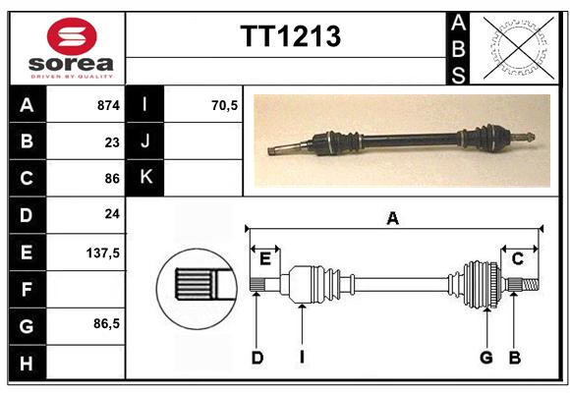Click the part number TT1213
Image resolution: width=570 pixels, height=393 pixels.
coord(291,36)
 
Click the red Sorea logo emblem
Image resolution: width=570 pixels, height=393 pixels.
coord(72,36)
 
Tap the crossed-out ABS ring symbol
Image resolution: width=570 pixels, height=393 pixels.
coord(519,48)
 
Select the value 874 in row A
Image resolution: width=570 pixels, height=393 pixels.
coord(108,105)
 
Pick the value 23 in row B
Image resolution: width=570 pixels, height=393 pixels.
coord(112,142)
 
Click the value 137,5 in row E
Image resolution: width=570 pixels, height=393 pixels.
coord(103,253)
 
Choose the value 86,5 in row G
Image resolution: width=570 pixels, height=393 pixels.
coord(106,323)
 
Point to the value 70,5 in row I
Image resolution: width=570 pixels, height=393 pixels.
coord(224,105)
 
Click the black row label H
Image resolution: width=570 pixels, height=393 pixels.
coord(27,364)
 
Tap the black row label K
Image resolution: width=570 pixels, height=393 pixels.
coord(145,177)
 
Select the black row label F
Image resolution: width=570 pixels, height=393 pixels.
coord(27,290)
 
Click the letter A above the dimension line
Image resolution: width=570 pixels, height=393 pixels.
coord(392,219)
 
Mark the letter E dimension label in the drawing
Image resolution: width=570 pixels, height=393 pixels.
coord(265,259)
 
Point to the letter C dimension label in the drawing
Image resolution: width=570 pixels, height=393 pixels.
coord(517,258)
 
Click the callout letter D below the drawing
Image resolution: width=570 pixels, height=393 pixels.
coord(257,358)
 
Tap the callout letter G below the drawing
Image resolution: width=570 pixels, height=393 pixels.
coord(486,358)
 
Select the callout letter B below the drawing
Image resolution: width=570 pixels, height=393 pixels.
coord(514,358)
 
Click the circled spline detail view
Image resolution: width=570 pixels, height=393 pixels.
coord(197,289)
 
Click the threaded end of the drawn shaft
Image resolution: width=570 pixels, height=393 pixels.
coord(531,284)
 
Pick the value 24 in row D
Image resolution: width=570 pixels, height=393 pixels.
coord(112,214)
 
